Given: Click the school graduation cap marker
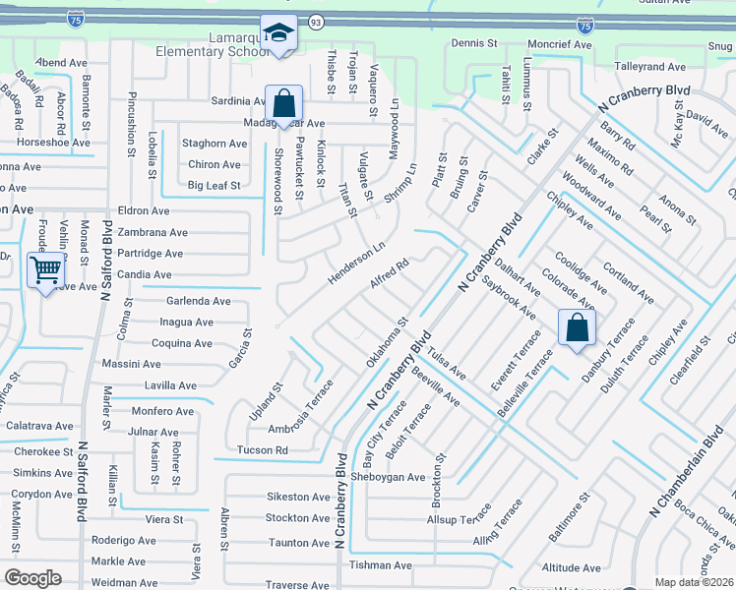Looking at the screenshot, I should pyautogui.click(x=278, y=33).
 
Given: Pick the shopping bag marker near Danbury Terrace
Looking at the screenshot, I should pyautogui.click(x=576, y=327).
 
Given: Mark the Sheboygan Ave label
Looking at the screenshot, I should pyautogui.click(x=389, y=477).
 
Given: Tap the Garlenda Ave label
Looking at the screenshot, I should pyautogui.click(x=198, y=301).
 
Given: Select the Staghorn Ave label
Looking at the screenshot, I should pyautogui.click(x=214, y=144).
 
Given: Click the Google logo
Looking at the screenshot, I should pyautogui.click(x=32, y=578).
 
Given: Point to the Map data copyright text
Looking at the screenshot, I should pyautogui.click(x=695, y=582).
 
